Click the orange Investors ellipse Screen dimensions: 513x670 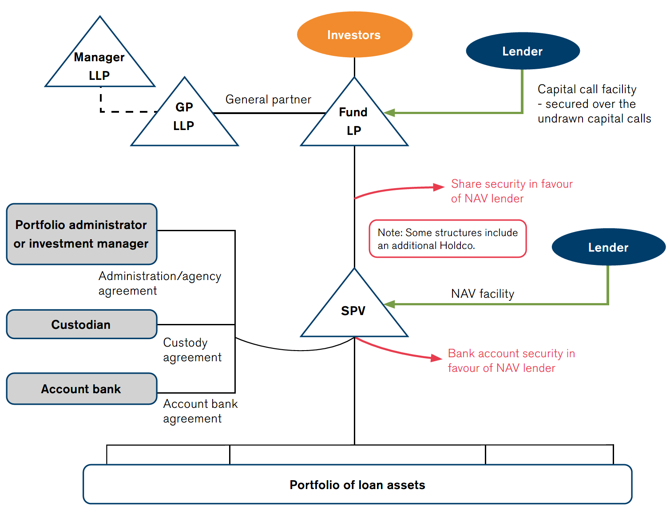click(x=354, y=35)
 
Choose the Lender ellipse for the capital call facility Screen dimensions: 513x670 click(x=523, y=51)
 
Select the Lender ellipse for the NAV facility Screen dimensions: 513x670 click(x=608, y=247)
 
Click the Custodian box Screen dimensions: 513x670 click(x=82, y=324)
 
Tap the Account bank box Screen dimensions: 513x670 click(x=82, y=389)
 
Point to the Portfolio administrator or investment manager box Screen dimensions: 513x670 click(x=82, y=234)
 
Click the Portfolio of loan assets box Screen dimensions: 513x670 click(x=357, y=485)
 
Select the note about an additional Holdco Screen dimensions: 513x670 click(x=448, y=239)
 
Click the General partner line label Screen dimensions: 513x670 click(x=268, y=99)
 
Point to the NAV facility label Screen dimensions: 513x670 click(x=483, y=294)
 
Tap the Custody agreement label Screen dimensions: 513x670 click(x=192, y=350)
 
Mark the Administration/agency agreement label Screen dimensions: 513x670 click(x=159, y=283)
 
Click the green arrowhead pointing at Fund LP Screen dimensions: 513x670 click(x=389, y=113)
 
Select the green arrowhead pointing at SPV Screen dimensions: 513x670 click(x=389, y=304)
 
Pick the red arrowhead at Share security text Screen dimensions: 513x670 click(x=439, y=187)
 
